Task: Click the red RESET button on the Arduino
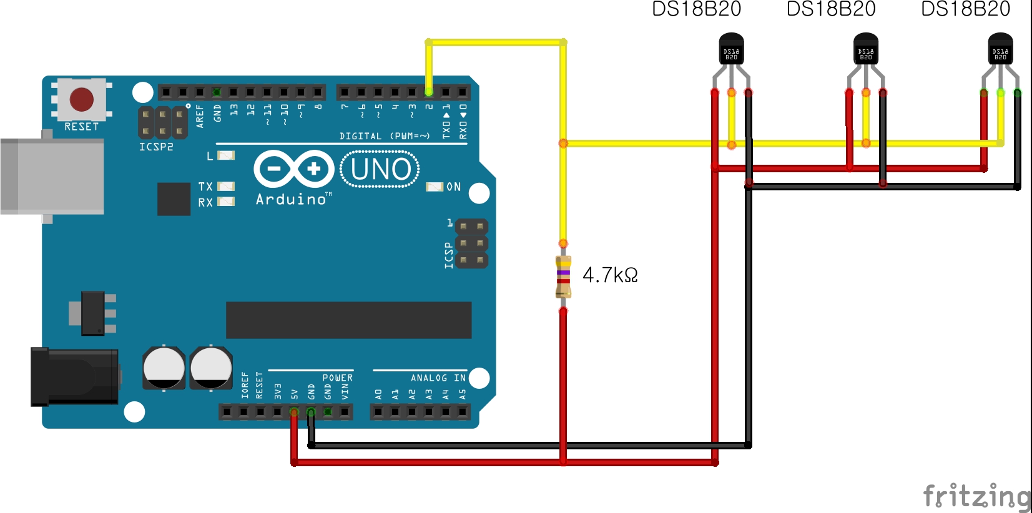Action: point(82,99)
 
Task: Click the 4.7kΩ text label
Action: point(610,275)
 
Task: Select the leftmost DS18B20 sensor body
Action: point(731,50)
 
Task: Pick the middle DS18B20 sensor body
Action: point(865,50)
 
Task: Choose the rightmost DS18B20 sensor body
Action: point(1000,50)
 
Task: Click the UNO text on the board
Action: point(380,169)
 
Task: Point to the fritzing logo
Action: point(976,496)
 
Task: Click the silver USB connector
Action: point(52,177)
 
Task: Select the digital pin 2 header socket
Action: point(429,92)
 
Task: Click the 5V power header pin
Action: point(294,412)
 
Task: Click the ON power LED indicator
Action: point(435,187)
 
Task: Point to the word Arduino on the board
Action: point(292,200)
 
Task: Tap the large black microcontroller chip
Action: point(348,320)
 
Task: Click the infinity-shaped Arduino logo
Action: point(293,169)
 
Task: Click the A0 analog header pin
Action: point(378,412)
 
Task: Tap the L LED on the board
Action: point(226,155)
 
